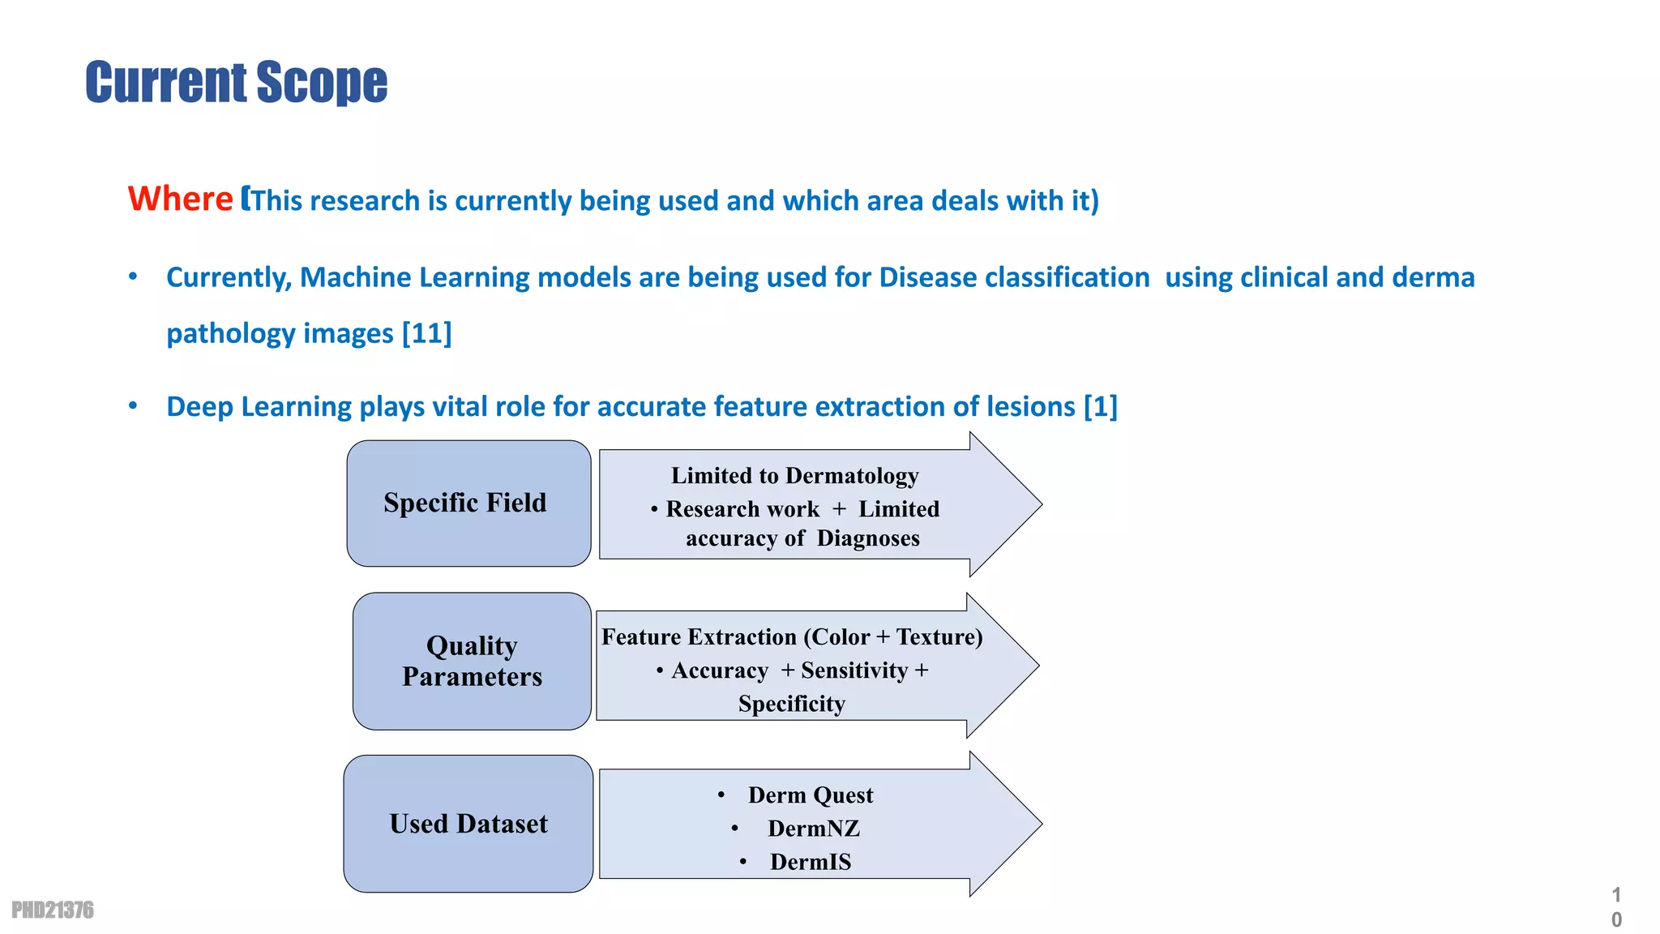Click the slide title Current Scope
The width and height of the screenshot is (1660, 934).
click(x=236, y=82)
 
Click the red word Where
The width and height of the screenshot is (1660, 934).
click(x=180, y=199)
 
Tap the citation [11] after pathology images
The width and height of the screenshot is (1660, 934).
click(x=427, y=333)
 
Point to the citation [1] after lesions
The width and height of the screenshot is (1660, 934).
click(x=1101, y=406)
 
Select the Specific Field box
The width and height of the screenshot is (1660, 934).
click(x=468, y=503)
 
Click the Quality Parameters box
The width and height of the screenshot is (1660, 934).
click(x=471, y=661)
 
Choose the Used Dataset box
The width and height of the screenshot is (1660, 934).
click(x=468, y=824)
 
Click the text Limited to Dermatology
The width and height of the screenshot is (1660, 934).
click(x=794, y=475)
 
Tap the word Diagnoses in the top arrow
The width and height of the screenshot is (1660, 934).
click(x=868, y=538)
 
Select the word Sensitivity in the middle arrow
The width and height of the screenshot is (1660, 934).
click(x=854, y=671)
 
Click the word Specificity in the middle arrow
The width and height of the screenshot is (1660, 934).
click(x=791, y=704)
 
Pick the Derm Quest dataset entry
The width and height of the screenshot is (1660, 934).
click(x=810, y=795)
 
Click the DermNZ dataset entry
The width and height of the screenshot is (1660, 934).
click(x=813, y=829)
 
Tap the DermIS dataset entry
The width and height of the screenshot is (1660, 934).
click(x=810, y=862)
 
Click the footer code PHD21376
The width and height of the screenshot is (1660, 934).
click(x=53, y=910)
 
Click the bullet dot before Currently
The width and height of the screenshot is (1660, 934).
click(x=133, y=277)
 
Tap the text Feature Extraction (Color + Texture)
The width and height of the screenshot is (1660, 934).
click(x=791, y=637)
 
